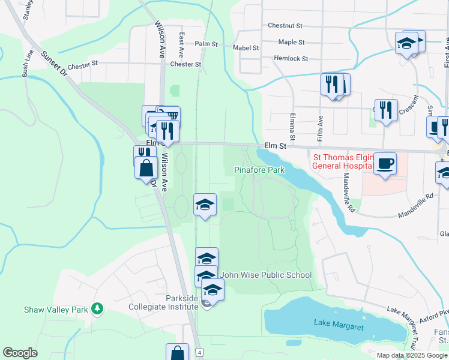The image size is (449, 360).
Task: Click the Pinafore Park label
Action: point(259,170)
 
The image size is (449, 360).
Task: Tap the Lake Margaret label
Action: point(339,323)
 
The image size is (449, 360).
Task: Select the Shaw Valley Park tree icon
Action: point(97,310)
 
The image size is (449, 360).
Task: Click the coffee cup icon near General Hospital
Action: point(385,162)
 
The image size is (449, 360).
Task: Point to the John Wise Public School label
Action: point(266,275)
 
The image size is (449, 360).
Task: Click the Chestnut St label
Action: point(285,26)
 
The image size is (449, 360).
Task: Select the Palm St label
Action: point(206,44)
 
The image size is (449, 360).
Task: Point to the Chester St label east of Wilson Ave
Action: point(185,64)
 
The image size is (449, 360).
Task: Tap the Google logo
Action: point(20,353)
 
